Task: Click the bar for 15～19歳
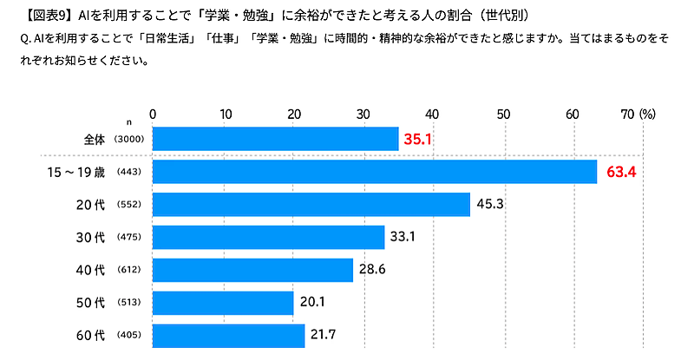(x=375, y=172)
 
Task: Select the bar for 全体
(x=276, y=139)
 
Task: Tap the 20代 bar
(x=311, y=205)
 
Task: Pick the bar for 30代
(x=269, y=237)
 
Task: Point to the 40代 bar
(x=253, y=270)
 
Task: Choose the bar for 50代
(x=223, y=303)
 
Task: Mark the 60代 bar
(x=229, y=335)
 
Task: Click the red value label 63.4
(x=621, y=172)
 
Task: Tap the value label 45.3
(x=491, y=205)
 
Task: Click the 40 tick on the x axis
(x=433, y=114)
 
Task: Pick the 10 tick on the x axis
(x=224, y=114)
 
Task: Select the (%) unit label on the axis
(x=647, y=114)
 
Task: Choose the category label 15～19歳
(x=76, y=172)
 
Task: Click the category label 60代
(x=90, y=335)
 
